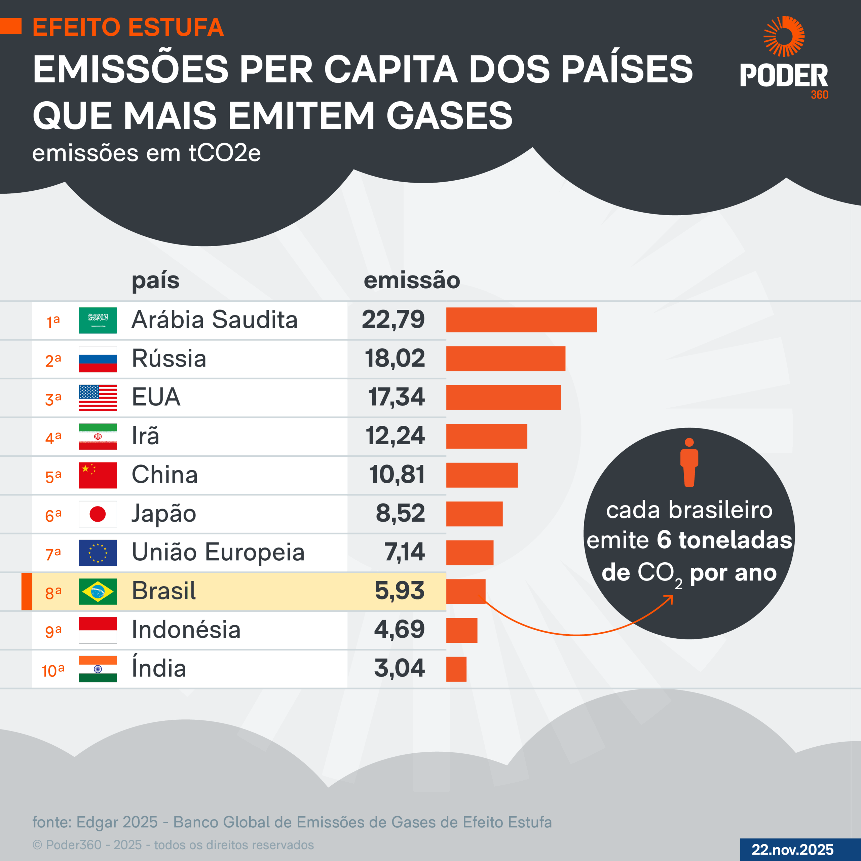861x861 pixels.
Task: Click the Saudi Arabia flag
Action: (98, 320)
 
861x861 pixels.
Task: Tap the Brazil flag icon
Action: (98, 591)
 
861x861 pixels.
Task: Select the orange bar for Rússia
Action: (506, 358)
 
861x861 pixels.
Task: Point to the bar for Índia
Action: (456, 669)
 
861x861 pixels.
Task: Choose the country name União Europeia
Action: (218, 552)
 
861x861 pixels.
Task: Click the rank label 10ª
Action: (53, 670)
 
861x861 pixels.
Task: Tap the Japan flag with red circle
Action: (98, 514)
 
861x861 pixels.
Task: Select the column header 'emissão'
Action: (412, 280)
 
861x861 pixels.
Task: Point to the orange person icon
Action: (689, 462)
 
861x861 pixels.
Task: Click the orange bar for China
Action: (482, 475)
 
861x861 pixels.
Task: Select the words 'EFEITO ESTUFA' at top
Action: (128, 27)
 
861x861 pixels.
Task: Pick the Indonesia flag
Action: (98, 630)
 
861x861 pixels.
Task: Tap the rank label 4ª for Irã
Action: (53, 438)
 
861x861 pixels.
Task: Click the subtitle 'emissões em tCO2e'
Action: (146, 153)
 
